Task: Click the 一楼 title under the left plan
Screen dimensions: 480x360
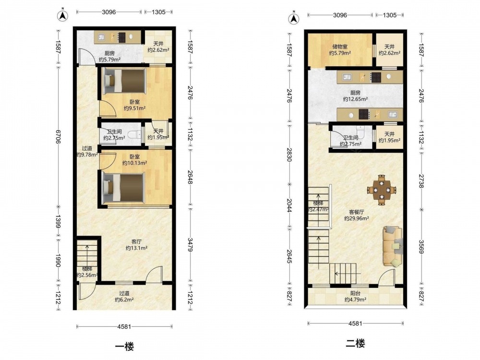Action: tap(124, 347)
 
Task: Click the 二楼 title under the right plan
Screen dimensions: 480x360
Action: tap(355, 343)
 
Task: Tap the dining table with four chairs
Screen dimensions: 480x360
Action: tap(382, 190)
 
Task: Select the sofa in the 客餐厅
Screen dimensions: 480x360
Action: tap(393, 246)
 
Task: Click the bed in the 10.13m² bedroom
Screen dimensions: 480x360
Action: tap(123, 188)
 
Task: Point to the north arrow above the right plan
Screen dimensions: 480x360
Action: tap(294, 18)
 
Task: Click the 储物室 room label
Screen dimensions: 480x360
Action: tap(340, 47)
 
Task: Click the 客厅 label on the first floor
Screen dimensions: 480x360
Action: tap(136, 242)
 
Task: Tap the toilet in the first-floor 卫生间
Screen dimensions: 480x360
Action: tap(134, 134)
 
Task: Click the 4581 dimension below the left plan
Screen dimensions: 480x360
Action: tap(124, 326)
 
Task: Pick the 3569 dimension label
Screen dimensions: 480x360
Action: tap(421, 247)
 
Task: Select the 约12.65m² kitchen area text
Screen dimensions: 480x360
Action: tap(355, 99)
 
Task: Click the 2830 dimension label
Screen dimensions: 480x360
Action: tap(289, 155)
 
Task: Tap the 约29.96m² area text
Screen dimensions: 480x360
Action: tap(356, 218)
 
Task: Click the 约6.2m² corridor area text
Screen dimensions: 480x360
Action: tap(124, 300)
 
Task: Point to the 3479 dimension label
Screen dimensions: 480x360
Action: tap(191, 245)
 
